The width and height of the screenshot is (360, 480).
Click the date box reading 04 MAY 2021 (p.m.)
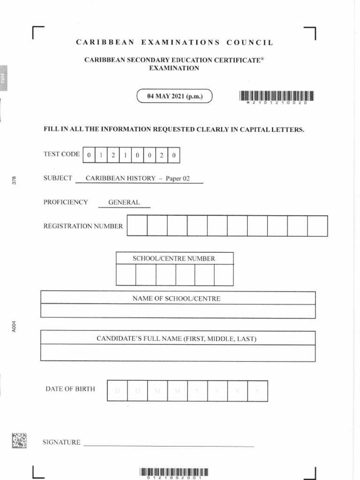click(174, 97)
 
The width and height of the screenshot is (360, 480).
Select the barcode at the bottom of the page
click(173, 472)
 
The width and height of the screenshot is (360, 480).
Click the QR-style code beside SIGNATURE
click(20, 440)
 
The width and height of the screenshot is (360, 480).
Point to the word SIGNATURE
click(61, 442)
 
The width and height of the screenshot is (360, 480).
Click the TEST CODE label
click(61, 154)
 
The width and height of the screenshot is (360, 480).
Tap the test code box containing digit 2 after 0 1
click(113, 155)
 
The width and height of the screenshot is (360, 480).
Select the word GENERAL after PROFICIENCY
click(124, 202)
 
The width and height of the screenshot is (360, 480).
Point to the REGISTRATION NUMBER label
click(83, 226)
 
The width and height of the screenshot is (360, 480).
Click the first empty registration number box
click(137, 226)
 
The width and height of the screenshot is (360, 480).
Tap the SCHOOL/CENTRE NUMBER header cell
click(174, 258)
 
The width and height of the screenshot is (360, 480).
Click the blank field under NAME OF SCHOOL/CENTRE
click(178, 311)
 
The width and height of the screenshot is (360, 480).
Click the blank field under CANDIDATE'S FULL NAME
click(178, 353)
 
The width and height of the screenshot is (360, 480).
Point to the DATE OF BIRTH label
click(70, 389)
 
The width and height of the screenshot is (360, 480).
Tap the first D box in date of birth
click(117, 391)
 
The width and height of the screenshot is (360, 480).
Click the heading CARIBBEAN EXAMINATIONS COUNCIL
click(174, 43)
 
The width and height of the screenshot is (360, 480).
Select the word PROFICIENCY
click(66, 202)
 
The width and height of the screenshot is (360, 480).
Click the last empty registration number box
click(317, 226)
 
